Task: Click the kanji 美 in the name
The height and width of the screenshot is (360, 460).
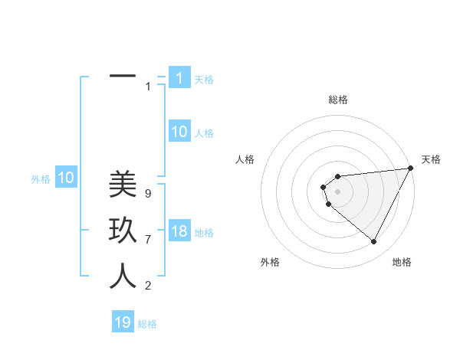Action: pyautogui.click(x=123, y=184)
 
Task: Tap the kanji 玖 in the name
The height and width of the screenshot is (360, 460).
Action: pyautogui.click(x=123, y=231)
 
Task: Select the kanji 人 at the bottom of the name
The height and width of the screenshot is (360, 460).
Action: pyautogui.click(x=123, y=277)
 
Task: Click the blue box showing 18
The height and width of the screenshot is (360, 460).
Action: pyautogui.click(x=179, y=232)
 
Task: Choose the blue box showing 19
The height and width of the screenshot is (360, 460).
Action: pyautogui.click(x=123, y=322)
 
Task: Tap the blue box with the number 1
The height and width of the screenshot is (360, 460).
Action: pyautogui.click(x=179, y=78)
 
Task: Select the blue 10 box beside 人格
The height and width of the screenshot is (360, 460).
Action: pyautogui.click(x=179, y=132)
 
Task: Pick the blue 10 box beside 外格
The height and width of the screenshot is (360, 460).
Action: pyautogui.click(x=66, y=178)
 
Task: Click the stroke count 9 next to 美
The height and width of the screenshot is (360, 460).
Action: pyautogui.click(x=147, y=194)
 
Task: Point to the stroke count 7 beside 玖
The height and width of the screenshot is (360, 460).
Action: pyautogui.click(x=147, y=240)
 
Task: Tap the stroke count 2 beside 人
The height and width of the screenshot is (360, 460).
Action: pyautogui.click(x=147, y=286)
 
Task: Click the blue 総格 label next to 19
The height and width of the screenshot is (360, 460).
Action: pyautogui.click(x=147, y=324)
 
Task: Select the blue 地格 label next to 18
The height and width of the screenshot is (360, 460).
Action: pyautogui.click(x=204, y=233)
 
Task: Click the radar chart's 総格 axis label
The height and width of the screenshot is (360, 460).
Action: pyautogui.click(x=337, y=100)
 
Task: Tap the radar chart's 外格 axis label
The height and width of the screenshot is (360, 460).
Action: pyautogui.click(x=270, y=262)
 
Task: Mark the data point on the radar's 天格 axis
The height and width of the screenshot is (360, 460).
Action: pyautogui.click(x=410, y=169)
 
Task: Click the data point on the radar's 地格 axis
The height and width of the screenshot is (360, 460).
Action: pyautogui.click(x=374, y=242)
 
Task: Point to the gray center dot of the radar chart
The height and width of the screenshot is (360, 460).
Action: pyautogui.click(x=337, y=191)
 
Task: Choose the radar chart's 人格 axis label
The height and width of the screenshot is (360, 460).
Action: pyautogui.click(x=245, y=159)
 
